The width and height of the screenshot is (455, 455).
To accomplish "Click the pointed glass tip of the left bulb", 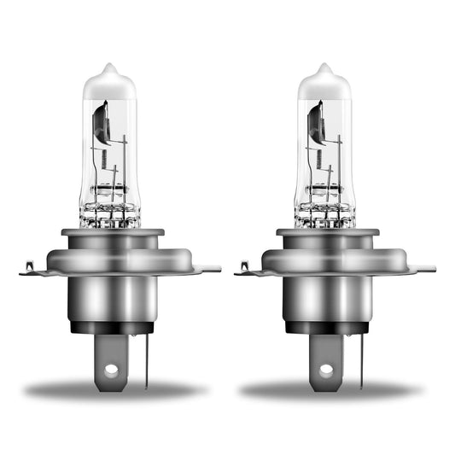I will coord(109,69).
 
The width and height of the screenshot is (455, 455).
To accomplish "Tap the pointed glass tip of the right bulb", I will coord(324,69).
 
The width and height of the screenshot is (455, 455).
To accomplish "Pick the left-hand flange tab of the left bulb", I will coord(28,271).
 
